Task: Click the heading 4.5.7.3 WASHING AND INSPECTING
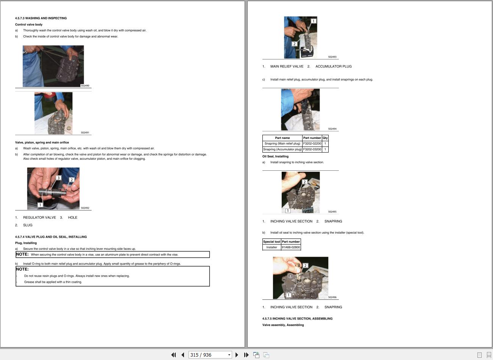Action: (41, 18)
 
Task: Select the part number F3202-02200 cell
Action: (312, 143)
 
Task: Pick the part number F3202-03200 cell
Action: (312, 149)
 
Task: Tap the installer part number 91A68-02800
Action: (291, 247)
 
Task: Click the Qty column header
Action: (325, 138)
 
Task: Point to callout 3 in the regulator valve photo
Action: (58, 178)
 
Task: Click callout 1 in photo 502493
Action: (314, 21)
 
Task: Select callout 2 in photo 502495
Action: (304, 182)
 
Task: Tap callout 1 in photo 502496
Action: (288, 295)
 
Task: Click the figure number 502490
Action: (85, 86)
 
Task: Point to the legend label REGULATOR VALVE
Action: (40, 217)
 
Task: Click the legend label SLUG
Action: (28, 225)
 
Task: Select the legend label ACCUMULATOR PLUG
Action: (334, 67)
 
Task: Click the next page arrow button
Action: (237, 355)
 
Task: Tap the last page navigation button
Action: (246, 355)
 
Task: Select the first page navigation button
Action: (173, 355)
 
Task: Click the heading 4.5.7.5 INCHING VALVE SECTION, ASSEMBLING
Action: (297, 318)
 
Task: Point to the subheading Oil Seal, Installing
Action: (275, 156)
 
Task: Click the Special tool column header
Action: (272, 242)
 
